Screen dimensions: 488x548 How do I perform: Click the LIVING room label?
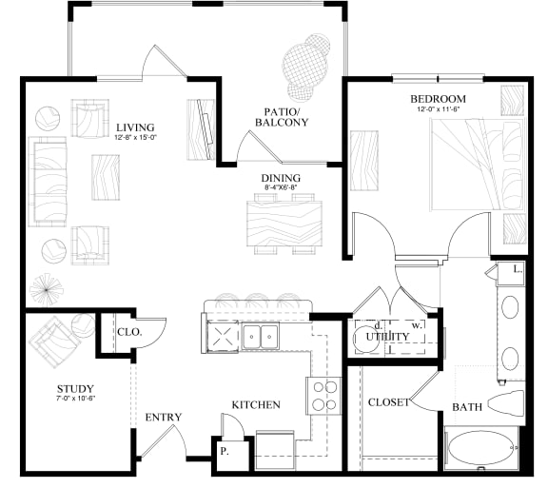coord(136,127)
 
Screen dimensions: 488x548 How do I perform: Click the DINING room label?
coord(281,178)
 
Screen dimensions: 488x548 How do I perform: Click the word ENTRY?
coord(163,418)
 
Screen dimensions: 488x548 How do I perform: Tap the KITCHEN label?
coord(256,405)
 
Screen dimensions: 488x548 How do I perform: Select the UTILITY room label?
coord(389,337)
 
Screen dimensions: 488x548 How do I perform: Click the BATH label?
coord(467,407)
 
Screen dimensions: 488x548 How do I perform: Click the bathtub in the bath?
coord(480,450)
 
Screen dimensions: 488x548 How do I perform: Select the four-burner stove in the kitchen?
coord(323,396)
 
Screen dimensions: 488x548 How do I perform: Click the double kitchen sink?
coord(258,336)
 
